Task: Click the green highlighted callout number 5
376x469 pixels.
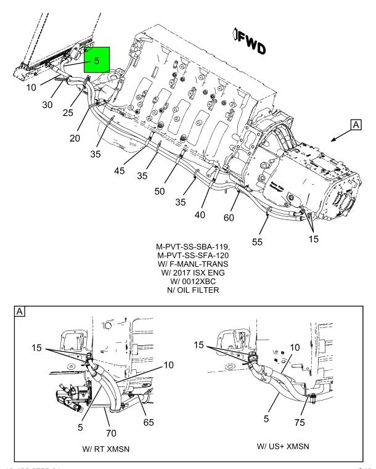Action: pos(96,61)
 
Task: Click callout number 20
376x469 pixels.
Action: pos(75,138)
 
